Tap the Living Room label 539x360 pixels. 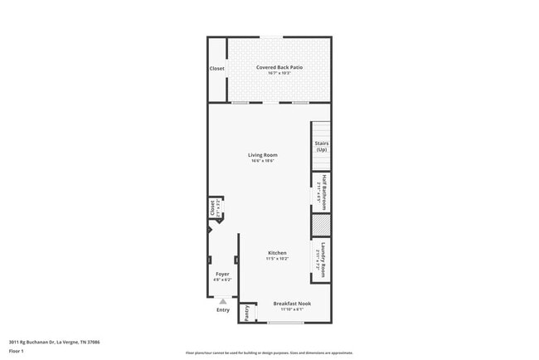263,154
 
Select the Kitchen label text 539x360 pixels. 277,252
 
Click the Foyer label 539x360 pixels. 222,274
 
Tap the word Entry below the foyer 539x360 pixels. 223,310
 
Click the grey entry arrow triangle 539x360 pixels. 222,302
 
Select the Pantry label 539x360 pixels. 246,313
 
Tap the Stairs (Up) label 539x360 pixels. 322,146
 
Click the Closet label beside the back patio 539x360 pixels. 217,68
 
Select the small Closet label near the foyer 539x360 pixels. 212,208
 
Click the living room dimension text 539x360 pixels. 263,161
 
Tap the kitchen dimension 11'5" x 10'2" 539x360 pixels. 277,259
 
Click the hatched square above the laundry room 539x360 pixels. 322,225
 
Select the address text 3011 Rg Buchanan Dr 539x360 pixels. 49,341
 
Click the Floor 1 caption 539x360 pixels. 17,351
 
